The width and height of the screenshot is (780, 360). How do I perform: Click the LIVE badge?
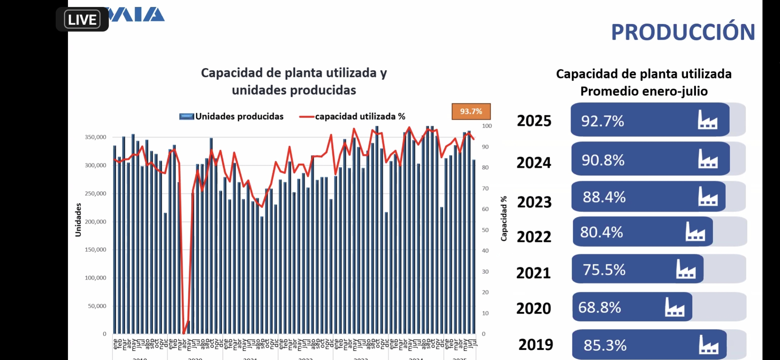[82, 20]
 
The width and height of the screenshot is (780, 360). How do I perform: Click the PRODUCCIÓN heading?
[683, 32]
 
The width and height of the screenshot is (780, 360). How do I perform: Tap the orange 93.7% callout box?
[471, 111]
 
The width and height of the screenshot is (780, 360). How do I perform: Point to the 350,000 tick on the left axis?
[95, 137]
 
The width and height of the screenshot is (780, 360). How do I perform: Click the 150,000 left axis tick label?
[95, 249]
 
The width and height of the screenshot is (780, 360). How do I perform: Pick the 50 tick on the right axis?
[485, 230]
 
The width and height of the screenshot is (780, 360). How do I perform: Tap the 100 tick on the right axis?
[487, 126]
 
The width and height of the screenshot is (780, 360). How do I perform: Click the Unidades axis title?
[78, 220]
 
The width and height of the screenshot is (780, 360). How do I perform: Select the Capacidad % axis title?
[504, 218]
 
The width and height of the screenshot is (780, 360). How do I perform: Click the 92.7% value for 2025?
[602, 121]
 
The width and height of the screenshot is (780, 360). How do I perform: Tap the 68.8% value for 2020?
[599, 307]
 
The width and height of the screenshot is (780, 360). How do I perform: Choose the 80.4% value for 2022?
[601, 232]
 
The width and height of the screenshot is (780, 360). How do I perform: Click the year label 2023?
[534, 202]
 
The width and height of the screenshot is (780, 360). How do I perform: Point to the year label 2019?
[536, 345]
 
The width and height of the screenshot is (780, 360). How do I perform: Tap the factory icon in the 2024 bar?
[708, 159]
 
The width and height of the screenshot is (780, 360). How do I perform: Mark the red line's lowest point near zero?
[184, 333]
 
